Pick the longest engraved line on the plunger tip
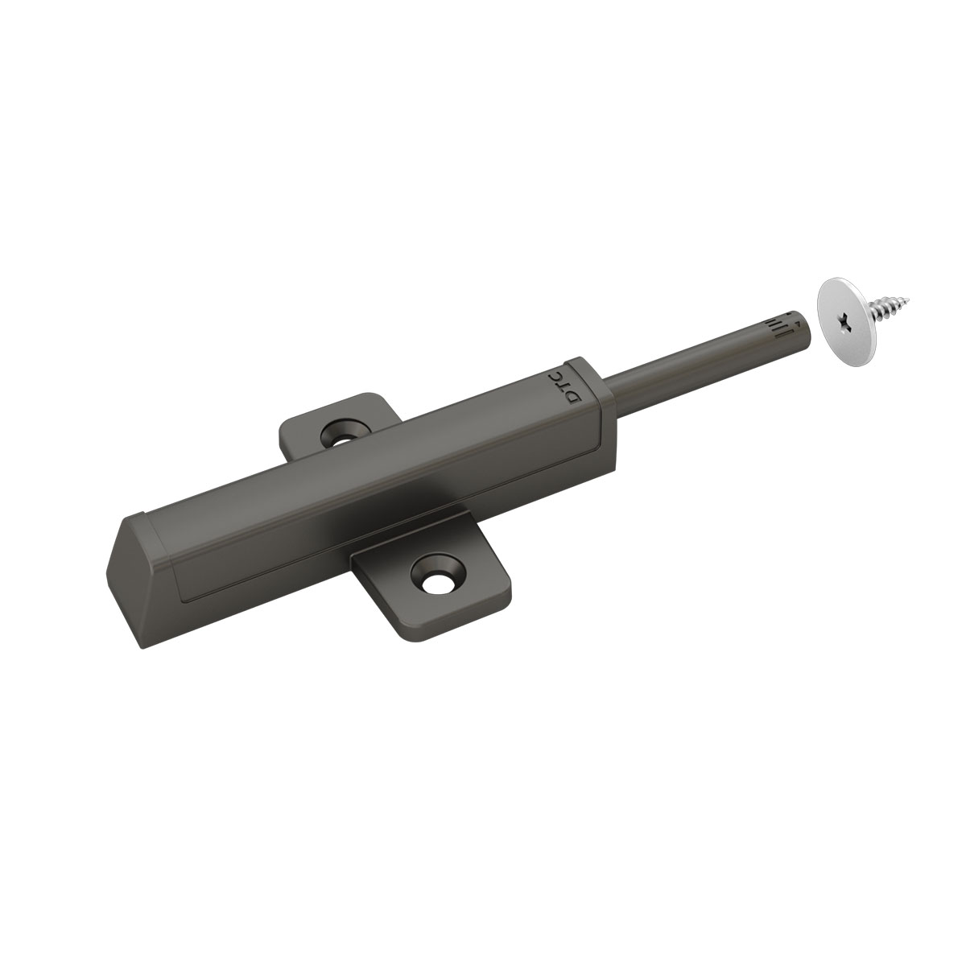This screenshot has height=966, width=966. click(x=779, y=332)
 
